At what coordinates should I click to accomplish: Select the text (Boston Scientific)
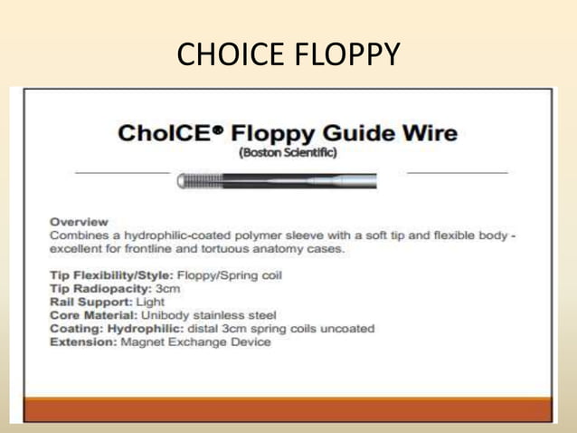pos(288,153)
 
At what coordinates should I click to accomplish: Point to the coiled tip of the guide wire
pos(194,181)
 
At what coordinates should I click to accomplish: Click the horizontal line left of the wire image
pos(121,172)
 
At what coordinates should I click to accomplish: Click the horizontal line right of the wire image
pos(457,172)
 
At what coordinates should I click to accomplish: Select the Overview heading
pos(79,221)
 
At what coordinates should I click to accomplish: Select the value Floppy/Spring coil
pos(231,274)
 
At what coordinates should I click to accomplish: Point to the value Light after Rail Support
pos(150,301)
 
